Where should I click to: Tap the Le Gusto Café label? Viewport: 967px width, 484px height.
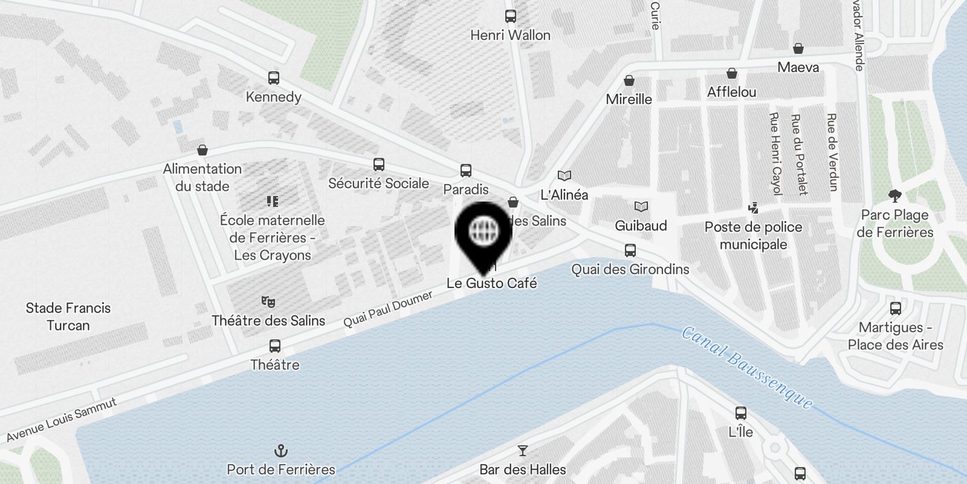pyautogui.click(x=491, y=283)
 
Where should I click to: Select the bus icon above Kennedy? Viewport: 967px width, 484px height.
pyautogui.click(x=274, y=78)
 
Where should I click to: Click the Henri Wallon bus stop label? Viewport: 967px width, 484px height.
pyautogui.click(x=510, y=35)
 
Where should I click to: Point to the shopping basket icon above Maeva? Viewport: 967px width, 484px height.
pyautogui.click(x=798, y=48)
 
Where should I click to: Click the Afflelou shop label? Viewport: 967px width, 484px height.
pyautogui.click(x=731, y=92)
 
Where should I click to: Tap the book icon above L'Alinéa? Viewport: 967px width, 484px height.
pyautogui.click(x=564, y=176)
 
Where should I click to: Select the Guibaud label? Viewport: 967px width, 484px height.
pyautogui.click(x=641, y=226)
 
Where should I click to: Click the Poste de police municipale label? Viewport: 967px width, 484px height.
pyautogui.click(x=753, y=235)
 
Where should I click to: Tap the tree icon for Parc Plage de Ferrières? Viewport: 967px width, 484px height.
pyautogui.click(x=895, y=195)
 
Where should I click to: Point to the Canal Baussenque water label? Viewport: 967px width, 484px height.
pyautogui.click(x=747, y=367)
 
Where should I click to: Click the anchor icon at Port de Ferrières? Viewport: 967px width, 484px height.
pyautogui.click(x=281, y=451)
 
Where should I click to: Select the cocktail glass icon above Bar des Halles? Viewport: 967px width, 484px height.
pyautogui.click(x=523, y=451)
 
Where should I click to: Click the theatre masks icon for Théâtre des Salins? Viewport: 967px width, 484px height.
pyautogui.click(x=268, y=301)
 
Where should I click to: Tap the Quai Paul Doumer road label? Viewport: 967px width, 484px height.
pyautogui.click(x=388, y=309)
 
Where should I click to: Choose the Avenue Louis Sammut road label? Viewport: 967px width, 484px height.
pyautogui.click(x=62, y=419)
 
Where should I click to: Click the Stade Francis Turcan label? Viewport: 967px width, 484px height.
pyautogui.click(x=68, y=316)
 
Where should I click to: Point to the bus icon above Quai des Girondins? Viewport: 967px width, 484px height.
pyautogui.click(x=630, y=250)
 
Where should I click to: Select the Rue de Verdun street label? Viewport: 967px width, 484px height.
pyautogui.click(x=832, y=152)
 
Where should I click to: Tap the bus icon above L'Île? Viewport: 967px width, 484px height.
pyautogui.click(x=741, y=413)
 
